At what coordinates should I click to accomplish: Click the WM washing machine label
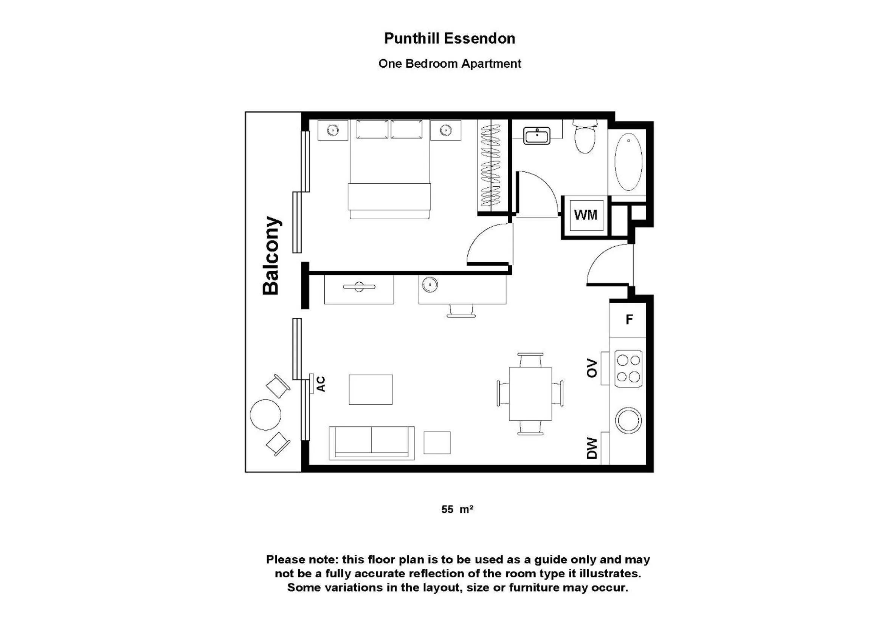coord(586,215)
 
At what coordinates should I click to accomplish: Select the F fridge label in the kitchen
coord(629,319)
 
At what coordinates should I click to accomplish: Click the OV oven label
coord(592,368)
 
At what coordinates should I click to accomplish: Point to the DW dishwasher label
coord(592,449)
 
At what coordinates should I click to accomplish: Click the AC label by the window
coord(321,384)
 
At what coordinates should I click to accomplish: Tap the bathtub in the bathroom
coord(628,162)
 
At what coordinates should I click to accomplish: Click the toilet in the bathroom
coord(585,138)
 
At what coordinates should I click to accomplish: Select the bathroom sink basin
coord(537,136)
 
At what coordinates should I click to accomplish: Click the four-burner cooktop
coord(628,368)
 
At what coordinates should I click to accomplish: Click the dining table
coord(530,393)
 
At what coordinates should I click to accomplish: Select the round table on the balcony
coord(265,415)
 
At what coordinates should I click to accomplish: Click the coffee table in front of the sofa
coord(371,389)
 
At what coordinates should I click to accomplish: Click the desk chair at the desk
coord(461,310)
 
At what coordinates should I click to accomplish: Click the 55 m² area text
coord(457,509)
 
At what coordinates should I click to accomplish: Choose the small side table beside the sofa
coord(437,442)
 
